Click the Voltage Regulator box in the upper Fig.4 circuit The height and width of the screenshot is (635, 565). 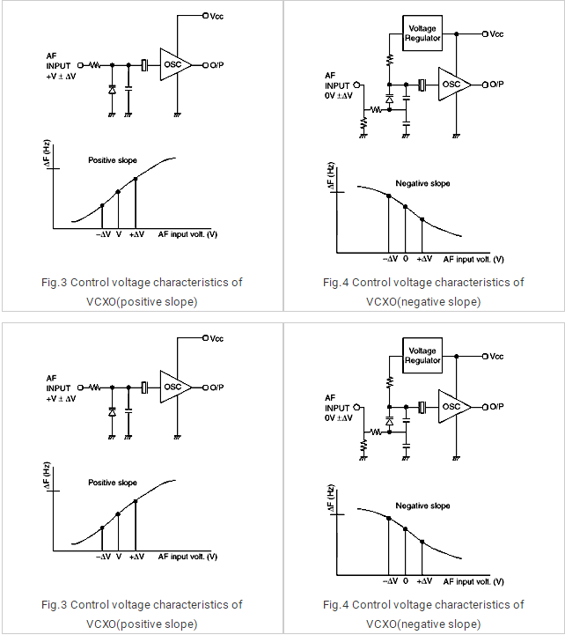[422, 33]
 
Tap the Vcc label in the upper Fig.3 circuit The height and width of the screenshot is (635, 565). [216, 15]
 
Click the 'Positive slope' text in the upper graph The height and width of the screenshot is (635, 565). [113, 160]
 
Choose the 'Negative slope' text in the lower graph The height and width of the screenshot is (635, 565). [422, 506]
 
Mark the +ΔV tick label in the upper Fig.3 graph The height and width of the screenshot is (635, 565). [136, 235]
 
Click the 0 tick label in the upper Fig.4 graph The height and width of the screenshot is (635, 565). [406, 259]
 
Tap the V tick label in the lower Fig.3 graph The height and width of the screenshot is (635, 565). [118, 557]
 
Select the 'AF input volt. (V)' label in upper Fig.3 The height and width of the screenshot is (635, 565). [187, 235]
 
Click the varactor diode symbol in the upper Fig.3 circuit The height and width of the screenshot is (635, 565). [112, 90]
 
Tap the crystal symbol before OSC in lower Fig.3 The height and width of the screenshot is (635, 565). [144, 387]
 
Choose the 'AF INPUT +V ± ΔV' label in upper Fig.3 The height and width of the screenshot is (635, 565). [60, 66]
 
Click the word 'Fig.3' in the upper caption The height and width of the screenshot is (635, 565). [55, 283]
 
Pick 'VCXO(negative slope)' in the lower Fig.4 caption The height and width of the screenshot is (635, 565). [423, 624]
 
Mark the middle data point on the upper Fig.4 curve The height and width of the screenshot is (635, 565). [405, 206]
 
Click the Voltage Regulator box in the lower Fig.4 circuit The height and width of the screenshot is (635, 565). [422, 355]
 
